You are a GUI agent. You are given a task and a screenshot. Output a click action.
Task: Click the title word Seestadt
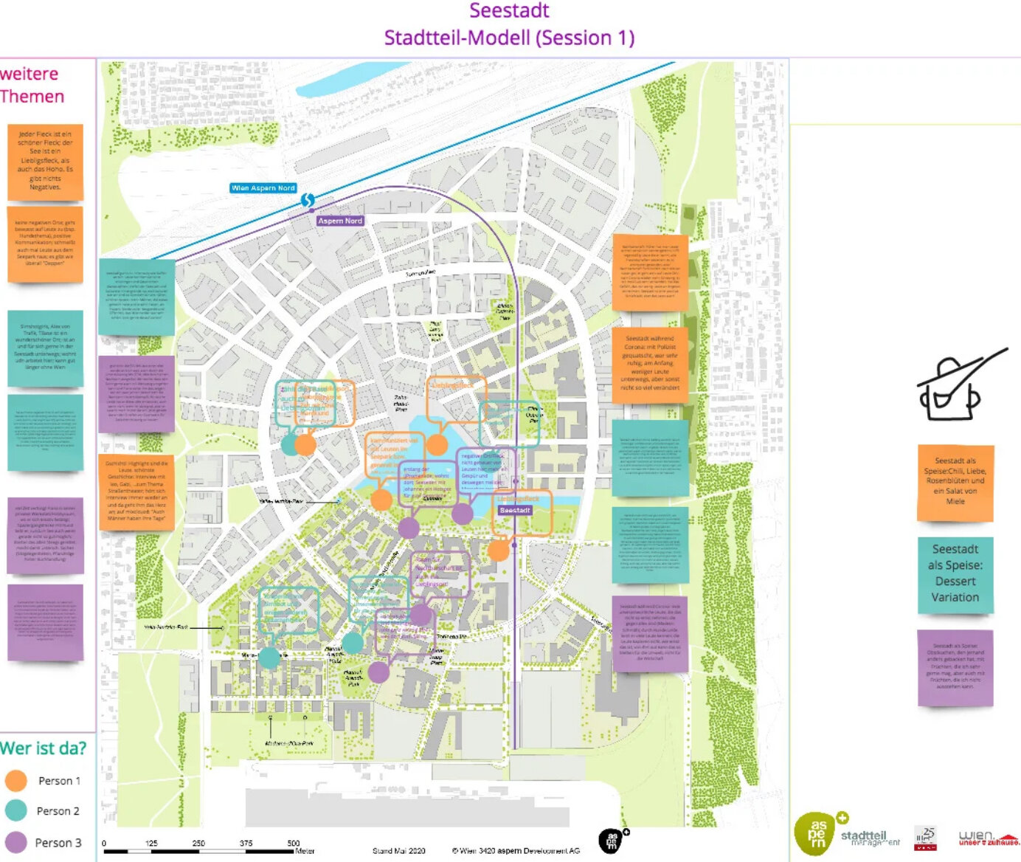(509, 11)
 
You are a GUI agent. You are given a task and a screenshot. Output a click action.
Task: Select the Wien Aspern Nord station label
(263, 188)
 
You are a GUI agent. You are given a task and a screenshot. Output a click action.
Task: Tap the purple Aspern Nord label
(340, 221)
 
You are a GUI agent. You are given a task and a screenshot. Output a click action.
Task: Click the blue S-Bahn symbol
(308, 200)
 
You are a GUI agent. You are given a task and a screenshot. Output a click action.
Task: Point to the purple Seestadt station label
(515, 511)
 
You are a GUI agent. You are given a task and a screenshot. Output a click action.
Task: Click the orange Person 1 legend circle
(15, 781)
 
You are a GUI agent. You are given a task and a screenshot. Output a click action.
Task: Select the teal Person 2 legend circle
(15, 810)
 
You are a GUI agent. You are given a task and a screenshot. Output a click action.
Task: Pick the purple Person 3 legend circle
(15, 842)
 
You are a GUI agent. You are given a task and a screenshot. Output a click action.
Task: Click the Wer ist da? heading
(43, 748)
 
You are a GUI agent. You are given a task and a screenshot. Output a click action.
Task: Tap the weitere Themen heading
(32, 85)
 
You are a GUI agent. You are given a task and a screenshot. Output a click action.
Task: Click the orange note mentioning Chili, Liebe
(955, 481)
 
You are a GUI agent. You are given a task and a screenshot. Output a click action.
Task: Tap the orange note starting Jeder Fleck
(45, 161)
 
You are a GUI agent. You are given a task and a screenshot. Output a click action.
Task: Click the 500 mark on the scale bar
(294, 843)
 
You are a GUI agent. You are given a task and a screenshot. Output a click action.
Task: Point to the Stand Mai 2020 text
(399, 851)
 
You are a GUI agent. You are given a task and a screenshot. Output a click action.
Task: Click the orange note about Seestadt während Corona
(650, 364)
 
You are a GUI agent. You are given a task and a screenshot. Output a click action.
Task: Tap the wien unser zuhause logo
(987, 838)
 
